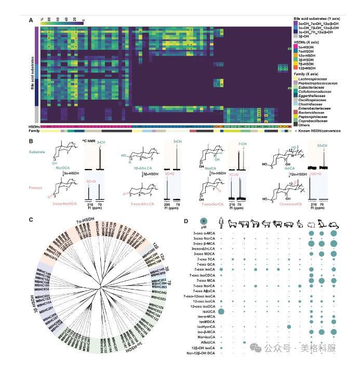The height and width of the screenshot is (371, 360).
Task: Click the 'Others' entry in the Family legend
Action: pos(304,125)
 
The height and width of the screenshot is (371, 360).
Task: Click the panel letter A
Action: pos(31,20)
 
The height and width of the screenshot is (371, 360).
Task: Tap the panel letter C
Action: pos(31,220)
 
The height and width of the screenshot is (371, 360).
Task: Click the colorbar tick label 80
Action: pos(42,18)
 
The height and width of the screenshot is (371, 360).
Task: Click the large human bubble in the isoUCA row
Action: pos(222,311)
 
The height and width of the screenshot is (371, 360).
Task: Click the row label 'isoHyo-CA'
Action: pos(204,327)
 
